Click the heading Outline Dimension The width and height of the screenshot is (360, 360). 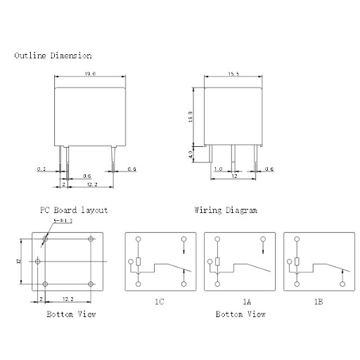coord(53,56)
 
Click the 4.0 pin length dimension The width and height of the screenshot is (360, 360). coord(190,154)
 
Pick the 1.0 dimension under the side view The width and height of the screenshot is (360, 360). coord(219,169)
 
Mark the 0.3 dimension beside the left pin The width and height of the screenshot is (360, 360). coord(41,169)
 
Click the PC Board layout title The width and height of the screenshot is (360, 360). coord(74,210)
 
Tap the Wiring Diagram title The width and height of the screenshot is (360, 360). coord(225,210)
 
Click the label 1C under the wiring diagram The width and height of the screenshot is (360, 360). coord(160,301)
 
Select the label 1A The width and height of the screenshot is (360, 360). coord(246,301)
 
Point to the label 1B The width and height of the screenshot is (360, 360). coord(319,301)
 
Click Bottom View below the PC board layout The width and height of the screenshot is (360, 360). coord(71,314)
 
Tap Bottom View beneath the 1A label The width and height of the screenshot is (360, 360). coord(240,314)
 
